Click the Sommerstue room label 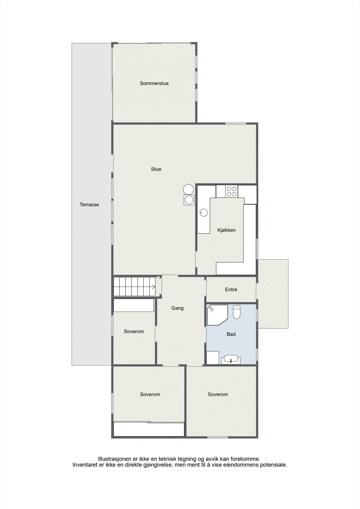[x=154, y=83]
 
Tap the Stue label [x=156, y=169]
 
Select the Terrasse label [x=89, y=205]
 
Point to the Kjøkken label [x=226, y=230]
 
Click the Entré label [x=231, y=290]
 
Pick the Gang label [x=177, y=308]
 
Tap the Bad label [x=231, y=334]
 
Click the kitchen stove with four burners [x=231, y=191]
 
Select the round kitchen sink [x=203, y=212]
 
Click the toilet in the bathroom [x=237, y=312]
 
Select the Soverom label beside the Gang [x=134, y=331]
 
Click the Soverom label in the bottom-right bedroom [x=218, y=394]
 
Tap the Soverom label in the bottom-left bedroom [x=150, y=394]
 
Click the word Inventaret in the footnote [x=84, y=465]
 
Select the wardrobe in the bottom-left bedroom [x=149, y=429]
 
